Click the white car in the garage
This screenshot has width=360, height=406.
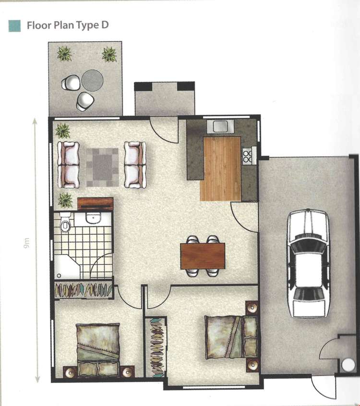click(308, 263)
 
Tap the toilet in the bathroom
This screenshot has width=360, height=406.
click(65, 223)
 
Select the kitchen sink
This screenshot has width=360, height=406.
click(220, 126)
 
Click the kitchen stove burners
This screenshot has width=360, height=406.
click(247, 156)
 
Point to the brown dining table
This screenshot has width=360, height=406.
click(203, 256)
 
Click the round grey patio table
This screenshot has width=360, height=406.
click(93, 80)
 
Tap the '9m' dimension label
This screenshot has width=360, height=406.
click(26, 243)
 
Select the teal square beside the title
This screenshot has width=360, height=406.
click(14, 26)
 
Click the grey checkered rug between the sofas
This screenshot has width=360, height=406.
click(102, 167)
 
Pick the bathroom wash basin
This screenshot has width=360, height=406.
click(94, 218)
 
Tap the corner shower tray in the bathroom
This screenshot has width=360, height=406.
click(67, 267)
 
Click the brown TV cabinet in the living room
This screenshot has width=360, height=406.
click(96, 204)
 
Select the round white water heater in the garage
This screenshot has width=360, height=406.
click(348, 364)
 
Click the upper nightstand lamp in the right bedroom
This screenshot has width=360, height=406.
click(252, 308)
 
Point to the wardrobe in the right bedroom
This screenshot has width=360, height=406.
click(156, 347)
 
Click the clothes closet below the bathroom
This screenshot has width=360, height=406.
click(84, 289)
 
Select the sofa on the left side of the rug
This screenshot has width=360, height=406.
click(68, 165)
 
